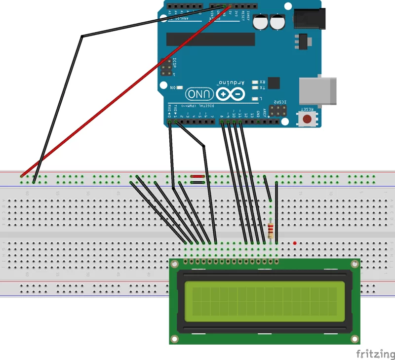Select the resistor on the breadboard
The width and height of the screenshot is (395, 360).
click(x=271, y=230)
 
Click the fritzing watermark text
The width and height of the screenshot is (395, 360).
click(x=375, y=354)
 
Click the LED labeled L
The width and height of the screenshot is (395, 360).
click(x=255, y=99)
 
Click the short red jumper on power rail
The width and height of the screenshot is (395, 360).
click(x=197, y=176)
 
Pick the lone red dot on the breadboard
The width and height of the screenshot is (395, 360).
click(x=295, y=243)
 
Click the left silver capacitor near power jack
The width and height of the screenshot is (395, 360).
click(x=260, y=22)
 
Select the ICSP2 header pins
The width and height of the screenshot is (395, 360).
click(x=279, y=109)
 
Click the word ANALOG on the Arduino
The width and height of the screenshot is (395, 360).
click(x=183, y=18)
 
